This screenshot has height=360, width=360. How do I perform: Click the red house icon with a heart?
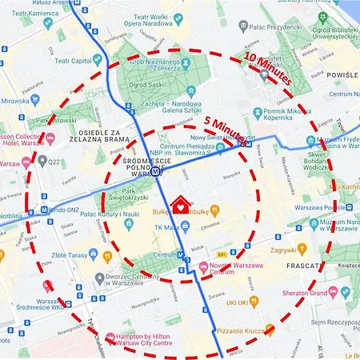(x=185, y=206)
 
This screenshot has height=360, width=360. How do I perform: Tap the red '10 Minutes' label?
(x=268, y=70)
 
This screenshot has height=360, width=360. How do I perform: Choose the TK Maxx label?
(x=167, y=228)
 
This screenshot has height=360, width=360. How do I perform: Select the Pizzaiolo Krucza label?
(x=238, y=328)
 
